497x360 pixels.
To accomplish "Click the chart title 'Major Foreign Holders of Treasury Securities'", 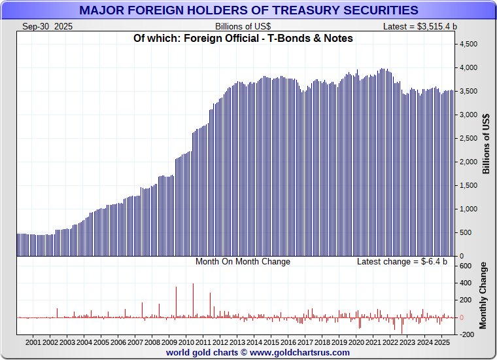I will click(x=248, y=10).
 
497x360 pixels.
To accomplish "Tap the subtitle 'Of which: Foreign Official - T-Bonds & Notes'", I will click(x=243, y=38).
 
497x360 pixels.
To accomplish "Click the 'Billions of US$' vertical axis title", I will click(x=486, y=144).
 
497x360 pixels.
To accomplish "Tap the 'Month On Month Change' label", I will click(x=243, y=262).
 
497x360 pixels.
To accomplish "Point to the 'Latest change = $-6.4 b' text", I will click(x=402, y=262).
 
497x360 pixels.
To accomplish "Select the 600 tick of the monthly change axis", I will click(x=466, y=266).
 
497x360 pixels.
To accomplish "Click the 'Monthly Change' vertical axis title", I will click(x=483, y=296).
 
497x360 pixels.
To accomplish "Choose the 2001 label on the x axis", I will click(x=33, y=342).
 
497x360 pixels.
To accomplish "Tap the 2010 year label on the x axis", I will click(x=186, y=342).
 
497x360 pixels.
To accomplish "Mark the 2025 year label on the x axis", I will click(x=441, y=342).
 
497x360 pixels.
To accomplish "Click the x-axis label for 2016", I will click(x=288, y=342).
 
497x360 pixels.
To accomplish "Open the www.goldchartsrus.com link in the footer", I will click(x=300, y=352).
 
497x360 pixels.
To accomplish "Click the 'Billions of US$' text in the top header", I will click(x=243, y=26).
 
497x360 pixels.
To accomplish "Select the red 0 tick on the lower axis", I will click(x=462, y=317).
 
